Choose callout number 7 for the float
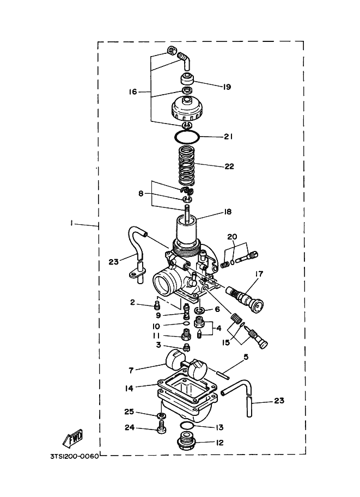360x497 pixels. click(x=131, y=370)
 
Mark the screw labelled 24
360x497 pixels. click(x=161, y=430)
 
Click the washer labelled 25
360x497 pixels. click(x=161, y=417)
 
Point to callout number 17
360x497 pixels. click(x=258, y=273)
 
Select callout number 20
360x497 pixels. click(x=233, y=237)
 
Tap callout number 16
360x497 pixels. click(x=132, y=92)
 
